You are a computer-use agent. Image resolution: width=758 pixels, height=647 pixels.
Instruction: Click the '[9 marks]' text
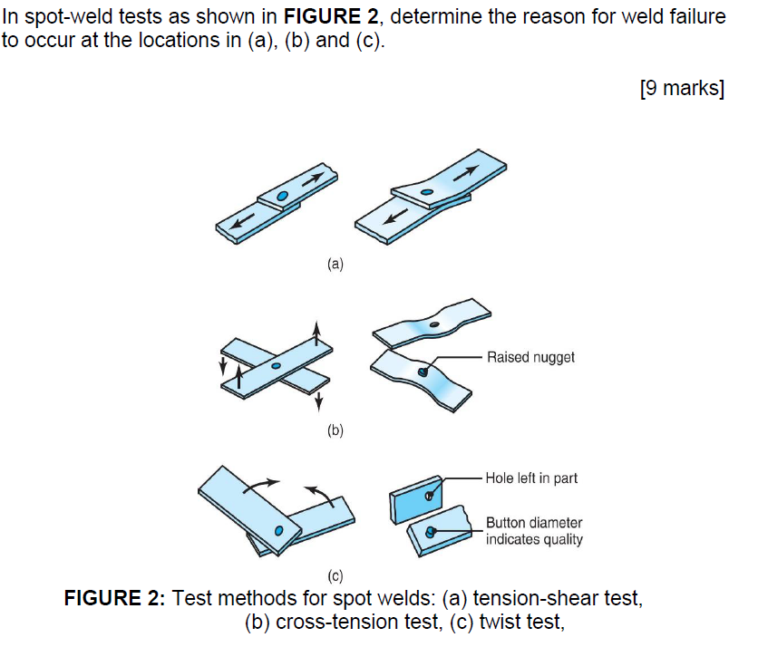(x=681, y=90)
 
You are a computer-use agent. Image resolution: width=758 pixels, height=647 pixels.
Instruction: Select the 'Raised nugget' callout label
(x=530, y=357)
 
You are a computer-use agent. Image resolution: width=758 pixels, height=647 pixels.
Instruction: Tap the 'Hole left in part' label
(x=531, y=478)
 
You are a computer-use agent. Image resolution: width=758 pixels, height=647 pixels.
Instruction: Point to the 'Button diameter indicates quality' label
(x=534, y=531)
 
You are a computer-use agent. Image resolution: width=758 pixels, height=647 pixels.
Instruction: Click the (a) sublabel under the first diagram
(x=335, y=266)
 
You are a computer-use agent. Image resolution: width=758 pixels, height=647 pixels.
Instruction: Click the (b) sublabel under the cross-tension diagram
(x=335, y=431)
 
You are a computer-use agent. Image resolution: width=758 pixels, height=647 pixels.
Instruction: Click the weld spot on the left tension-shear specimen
(x=283, y=197)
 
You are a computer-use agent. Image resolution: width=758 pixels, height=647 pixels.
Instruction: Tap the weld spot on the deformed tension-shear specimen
(x=425, y=191)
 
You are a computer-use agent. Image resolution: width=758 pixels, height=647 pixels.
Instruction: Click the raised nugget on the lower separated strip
(x=423, y=372)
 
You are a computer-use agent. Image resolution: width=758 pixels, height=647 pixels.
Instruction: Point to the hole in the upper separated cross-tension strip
(x=435, y=324)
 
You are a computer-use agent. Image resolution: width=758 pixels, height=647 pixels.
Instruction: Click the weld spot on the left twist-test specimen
(x=279, y=528)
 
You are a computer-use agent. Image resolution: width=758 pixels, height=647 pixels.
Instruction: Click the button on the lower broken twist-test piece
(x=431, y=531)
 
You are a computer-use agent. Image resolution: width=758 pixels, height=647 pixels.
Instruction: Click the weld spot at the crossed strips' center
(x=275, y=365)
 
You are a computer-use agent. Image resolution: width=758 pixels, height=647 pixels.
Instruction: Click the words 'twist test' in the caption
(x=520, y=623)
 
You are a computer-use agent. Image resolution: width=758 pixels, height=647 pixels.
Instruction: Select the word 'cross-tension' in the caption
(x=324, y=623)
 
